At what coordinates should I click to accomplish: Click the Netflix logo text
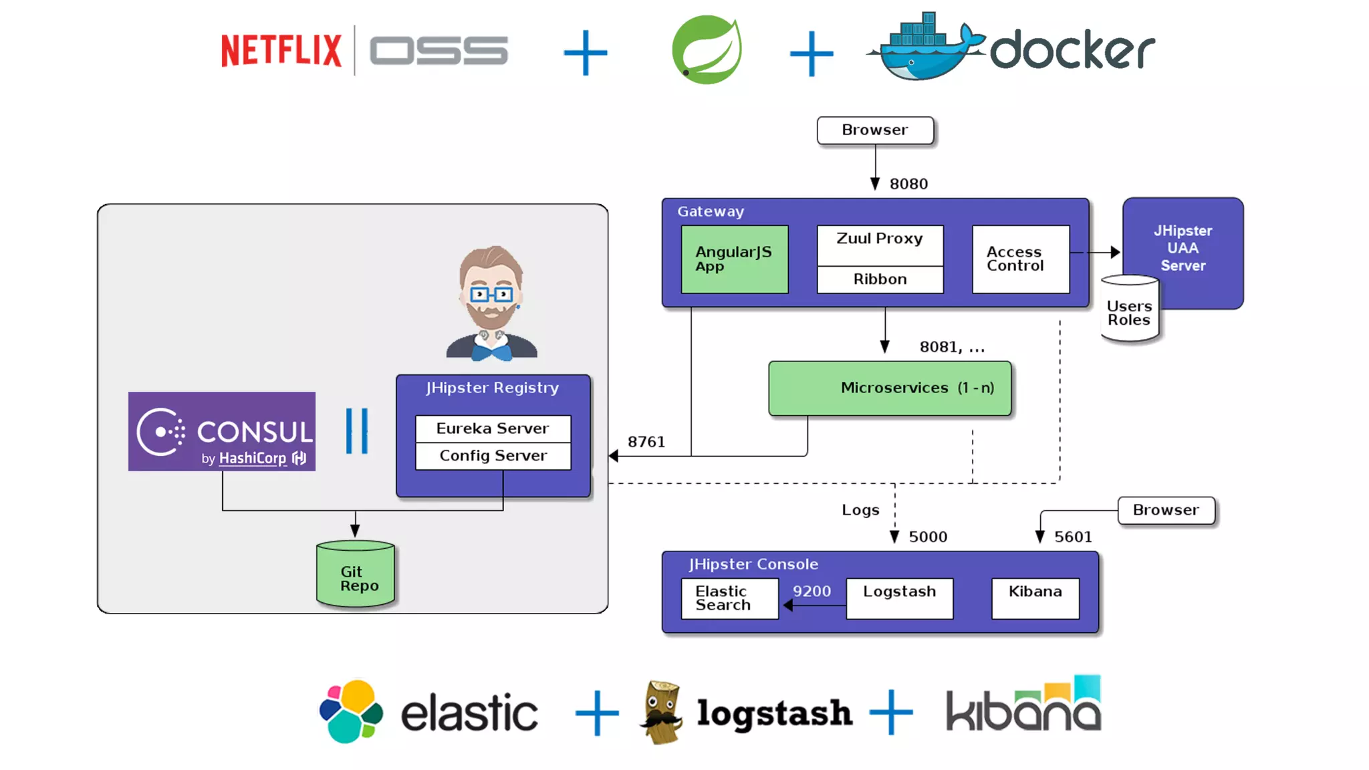tap(281, 51)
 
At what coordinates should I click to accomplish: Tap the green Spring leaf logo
tap(707, 50)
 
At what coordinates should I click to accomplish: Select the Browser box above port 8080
tap(875, 130)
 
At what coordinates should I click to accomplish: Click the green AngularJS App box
tap(735, 259)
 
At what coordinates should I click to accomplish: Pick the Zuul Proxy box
tap(880, 245)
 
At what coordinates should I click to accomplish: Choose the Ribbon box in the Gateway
tap(880, 279)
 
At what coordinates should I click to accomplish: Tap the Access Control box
tap(1020, 259)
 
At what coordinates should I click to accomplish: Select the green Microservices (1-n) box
tap(890, 388)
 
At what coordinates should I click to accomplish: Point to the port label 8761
tap(646, 442)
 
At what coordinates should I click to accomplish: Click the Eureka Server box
tap(493, 428)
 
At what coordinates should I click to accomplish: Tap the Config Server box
tap(493, 456)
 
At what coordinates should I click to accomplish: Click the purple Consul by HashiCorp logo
tap(222, 432)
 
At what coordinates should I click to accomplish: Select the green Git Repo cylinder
tap(356, 575)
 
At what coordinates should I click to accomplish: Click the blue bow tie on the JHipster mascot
tap(491, 350)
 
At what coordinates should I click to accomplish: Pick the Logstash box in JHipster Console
tap(900, 598)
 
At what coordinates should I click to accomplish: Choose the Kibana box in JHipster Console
tap(1035, 598)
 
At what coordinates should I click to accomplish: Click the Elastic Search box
tap(729, 598)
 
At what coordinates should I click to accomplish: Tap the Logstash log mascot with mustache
tap(662, 713)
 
